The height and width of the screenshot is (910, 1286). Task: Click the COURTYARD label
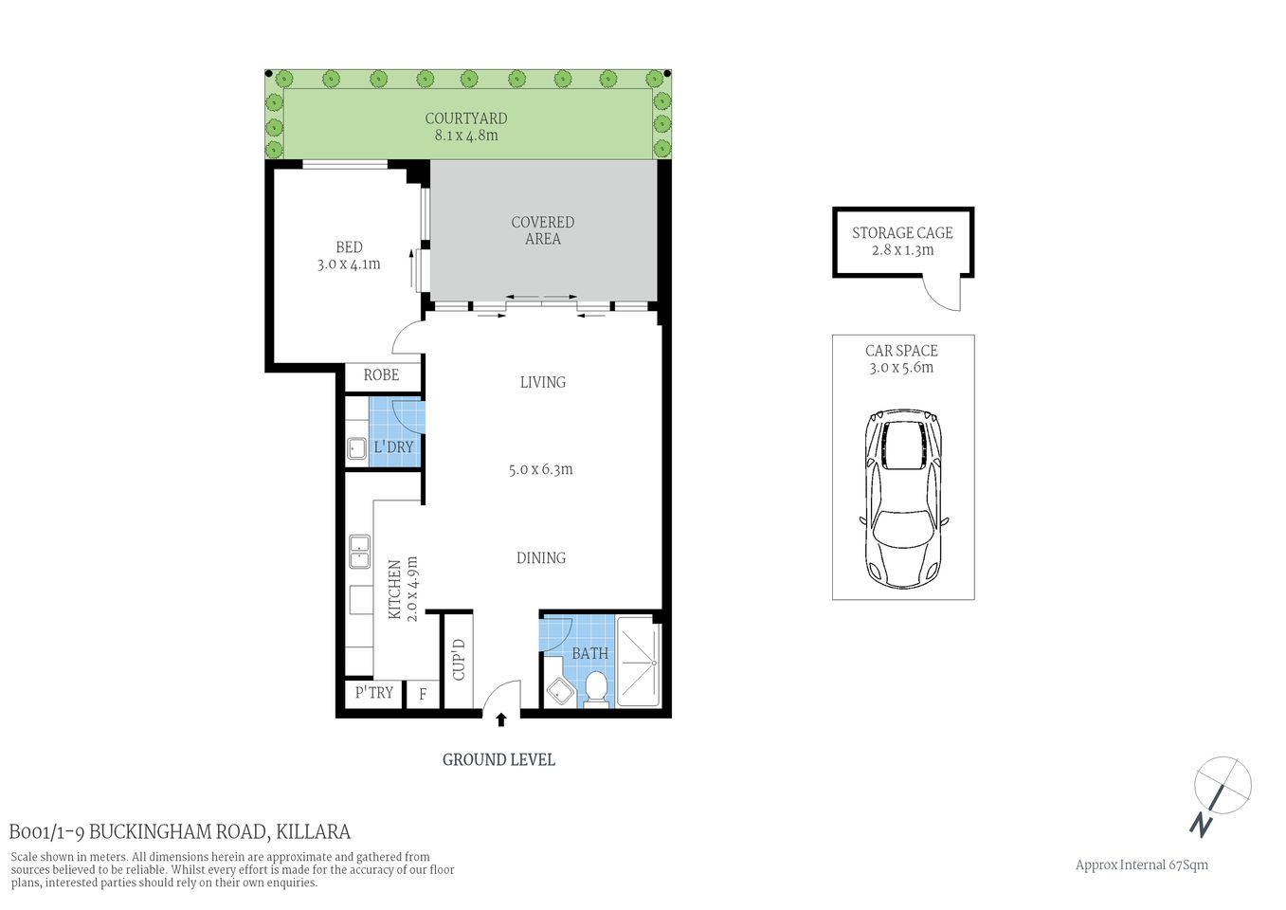(x=465, y=118)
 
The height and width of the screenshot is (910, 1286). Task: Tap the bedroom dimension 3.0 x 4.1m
(x=349, y=264)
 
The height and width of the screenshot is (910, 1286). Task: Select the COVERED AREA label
(x=542, y=230)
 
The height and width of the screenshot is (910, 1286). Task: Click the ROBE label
(x=381, y=375)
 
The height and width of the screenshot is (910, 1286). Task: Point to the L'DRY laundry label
(x=393, y=446)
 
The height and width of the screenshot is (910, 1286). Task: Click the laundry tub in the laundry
(x=356, y=448)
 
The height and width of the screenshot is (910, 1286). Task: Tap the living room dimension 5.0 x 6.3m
(x=540, y=469)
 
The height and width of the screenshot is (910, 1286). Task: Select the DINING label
(x=540, y=558)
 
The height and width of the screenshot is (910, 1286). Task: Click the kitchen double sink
(x=359, y=552)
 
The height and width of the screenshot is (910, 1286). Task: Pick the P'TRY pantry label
(x=373, y=693)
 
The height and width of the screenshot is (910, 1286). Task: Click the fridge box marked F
(x=423, y=695)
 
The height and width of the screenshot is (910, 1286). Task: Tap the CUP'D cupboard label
(x=459, y=660)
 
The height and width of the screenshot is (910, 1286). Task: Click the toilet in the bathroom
(x=596, y=689)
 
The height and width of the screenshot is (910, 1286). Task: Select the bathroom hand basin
(x=559, y=692)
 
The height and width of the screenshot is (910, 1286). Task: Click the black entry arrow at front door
(x=501, y=720)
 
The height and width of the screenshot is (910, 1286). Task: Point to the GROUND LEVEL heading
(x=498, y=759)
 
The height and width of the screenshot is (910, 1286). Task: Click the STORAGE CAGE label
(x=901, y=233)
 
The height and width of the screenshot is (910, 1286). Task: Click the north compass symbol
(x=1221, y=791)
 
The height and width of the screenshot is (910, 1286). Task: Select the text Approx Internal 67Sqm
(x=1141, y=864)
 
